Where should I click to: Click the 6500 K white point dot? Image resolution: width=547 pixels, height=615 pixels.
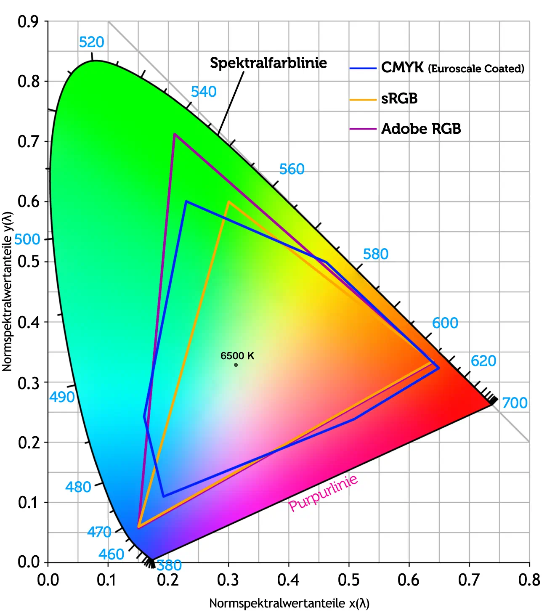pyautogui.click(x=236, y=365)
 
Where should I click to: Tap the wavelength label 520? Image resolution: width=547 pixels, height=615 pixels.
pyautogui.click(x=91, y=42)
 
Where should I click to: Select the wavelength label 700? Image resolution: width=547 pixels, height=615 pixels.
pyautogui.click(x=515, y=403)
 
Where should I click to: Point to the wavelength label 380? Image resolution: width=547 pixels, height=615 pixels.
pyautogui.click(x=169, y=565)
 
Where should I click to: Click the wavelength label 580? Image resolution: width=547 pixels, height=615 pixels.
pyautogui.click(x=375, y=254)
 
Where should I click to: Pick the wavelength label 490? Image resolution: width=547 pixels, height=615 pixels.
pyautogui.click(x=62, y=397)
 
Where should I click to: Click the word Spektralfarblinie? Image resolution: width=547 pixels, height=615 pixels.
pyautogui.click(x=268, y=63)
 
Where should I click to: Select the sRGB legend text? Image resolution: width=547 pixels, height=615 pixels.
pyautogui.click(x=399, y=99)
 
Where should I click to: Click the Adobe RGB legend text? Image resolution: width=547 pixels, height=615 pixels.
pyautogui.click(x=421, y=129)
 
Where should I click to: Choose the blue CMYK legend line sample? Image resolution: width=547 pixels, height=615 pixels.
pyautogui.click(x=362, y=68)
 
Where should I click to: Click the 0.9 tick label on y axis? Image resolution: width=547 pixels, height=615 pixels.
pyautogui.click(x=28, y=21)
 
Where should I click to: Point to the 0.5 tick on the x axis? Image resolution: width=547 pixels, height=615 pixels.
pyautogui.click(x=349, y=580)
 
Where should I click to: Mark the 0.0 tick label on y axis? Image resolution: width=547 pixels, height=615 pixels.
pyautogui.click(x=28, y=562)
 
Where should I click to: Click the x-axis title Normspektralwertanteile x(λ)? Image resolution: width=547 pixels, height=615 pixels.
pyautogui.click(x=289, y=604)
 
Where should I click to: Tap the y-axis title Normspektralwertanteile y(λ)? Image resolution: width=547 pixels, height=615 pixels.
pyautogui.click(x=8, y=291)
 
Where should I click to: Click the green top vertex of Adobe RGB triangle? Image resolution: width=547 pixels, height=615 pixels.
pyautogui.click(x=174, y=134)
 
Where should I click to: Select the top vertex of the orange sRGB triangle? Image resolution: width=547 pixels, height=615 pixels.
pyautogui.click(x=228, y=201)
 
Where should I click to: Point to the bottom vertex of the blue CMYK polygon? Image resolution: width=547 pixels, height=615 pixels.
pyautogui.click(x=163, y=496)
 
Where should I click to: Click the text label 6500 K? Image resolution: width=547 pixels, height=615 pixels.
pyautogui.click(x=237, y=356)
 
